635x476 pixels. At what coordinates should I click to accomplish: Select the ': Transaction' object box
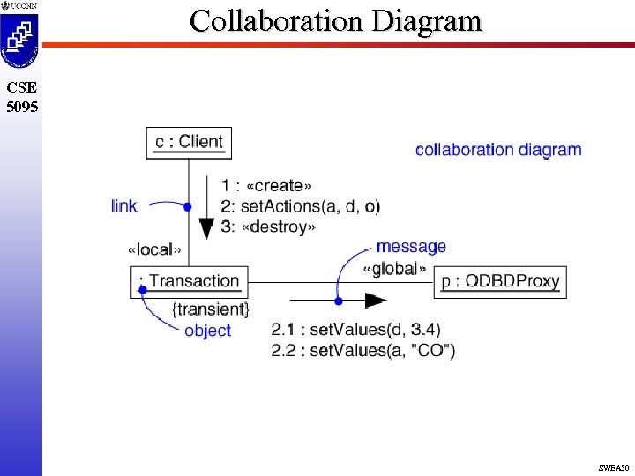(189, 281)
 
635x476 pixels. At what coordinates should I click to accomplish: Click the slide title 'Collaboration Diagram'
(336, 20)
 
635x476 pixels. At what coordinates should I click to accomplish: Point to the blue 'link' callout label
(124, 205)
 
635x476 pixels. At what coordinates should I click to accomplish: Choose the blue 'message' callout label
(411, 247)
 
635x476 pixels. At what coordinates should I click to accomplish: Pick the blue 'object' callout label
(207, 331)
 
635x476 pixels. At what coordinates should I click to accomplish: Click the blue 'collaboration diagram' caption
(498, 150)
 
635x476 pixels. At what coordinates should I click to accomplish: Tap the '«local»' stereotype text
(155, 249)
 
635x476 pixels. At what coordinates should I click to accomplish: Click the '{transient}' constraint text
(212, 309)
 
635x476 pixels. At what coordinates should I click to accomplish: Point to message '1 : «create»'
(267, 185)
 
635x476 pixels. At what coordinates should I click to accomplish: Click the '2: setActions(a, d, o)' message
(301, 206)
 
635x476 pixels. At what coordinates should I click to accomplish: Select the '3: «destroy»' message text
(268, 227)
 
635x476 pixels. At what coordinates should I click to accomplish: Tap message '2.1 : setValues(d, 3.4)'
(355, 330)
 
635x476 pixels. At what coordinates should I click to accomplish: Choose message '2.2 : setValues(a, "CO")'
(363, 350)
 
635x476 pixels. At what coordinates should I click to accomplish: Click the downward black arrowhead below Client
(205, 228)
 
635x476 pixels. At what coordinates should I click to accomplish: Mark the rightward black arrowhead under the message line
(376, 301)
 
